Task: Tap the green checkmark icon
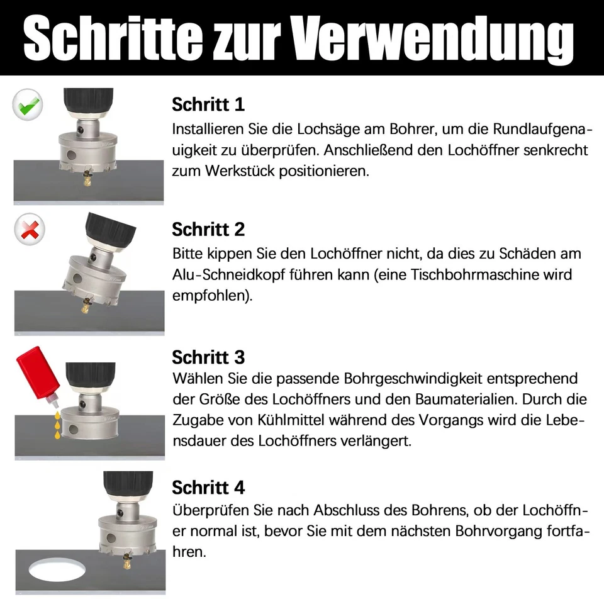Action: [x=28, y=104]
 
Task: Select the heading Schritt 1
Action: [x=208, y=104]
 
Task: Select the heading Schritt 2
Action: [x=208, y=230]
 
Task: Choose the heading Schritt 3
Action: [x=208, y=357]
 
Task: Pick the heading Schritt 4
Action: [x=208, y=488]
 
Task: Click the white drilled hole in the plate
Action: [x=58, y=569]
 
